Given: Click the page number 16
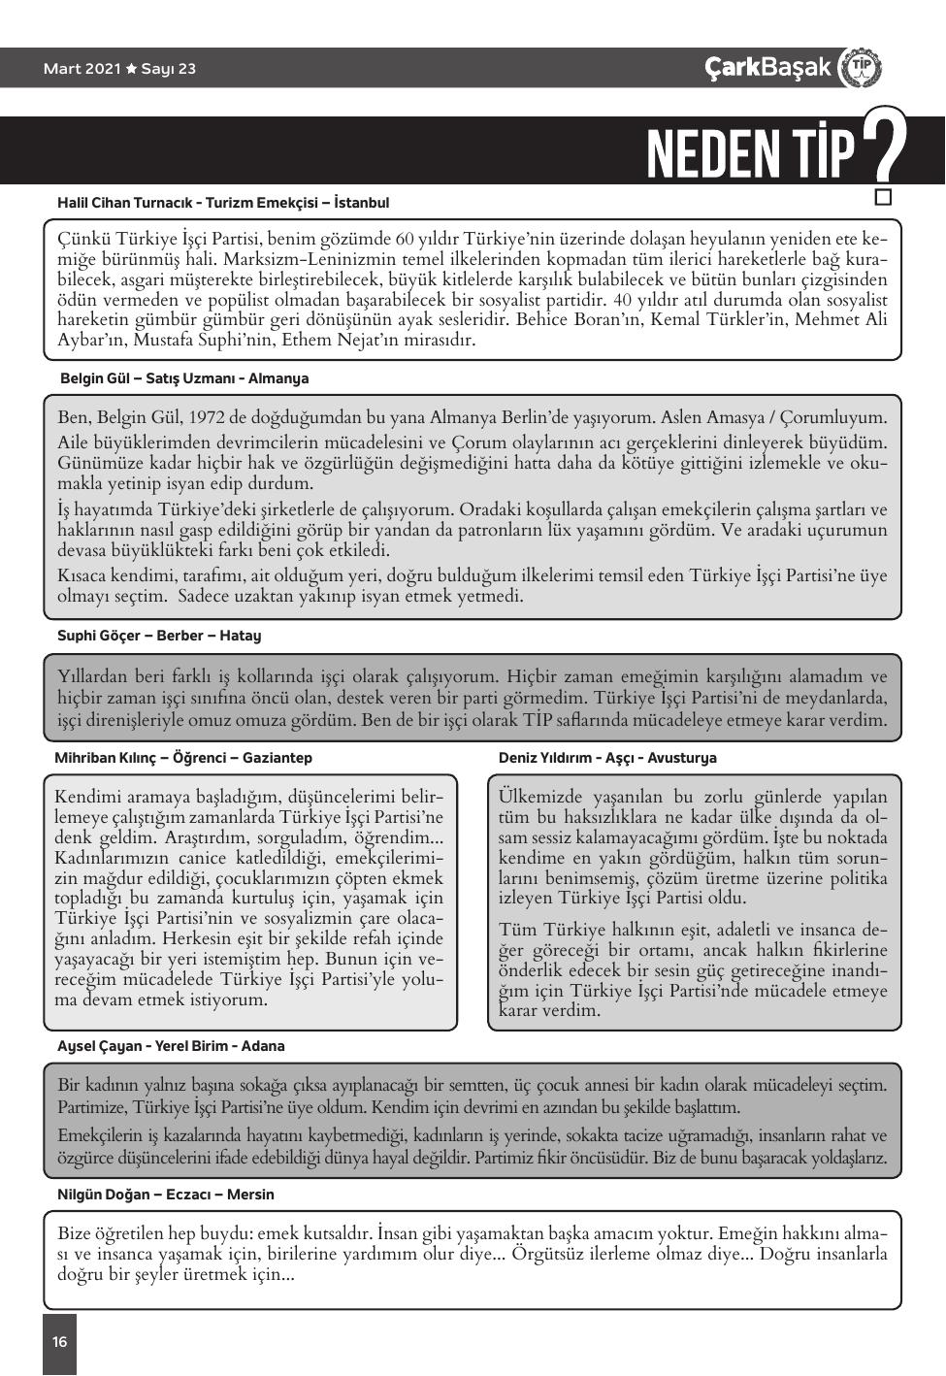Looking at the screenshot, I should click(59, 1342).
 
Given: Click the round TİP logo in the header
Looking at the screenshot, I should click(861, 68).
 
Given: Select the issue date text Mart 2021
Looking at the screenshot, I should click(82, 69).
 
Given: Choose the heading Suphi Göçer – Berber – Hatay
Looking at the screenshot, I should click(159, 636).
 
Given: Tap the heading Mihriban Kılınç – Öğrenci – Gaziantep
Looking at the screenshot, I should click(183, 758).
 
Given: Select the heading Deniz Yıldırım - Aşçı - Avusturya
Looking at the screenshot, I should click(607, 758).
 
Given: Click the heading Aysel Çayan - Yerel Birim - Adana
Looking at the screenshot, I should click(171, 1046).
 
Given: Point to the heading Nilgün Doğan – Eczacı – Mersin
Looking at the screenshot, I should click(166, 1195).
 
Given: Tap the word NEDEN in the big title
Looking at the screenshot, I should click(713, 153).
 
